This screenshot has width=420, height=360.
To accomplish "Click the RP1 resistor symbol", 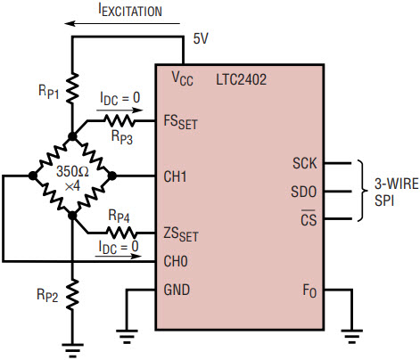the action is (72, 88).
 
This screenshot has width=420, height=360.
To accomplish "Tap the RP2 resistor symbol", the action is (72, 295).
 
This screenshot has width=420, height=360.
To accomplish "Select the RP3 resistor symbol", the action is (119, 121).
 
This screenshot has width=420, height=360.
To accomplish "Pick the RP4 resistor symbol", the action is (122, 233).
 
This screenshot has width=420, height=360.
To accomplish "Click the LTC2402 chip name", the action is (241, 79).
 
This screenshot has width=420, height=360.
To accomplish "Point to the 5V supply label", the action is (201, 38).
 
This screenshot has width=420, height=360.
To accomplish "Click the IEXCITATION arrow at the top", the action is (122, 23).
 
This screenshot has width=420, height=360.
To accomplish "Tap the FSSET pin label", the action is (180, 122).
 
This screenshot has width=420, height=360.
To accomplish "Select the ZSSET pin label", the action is (181, 234).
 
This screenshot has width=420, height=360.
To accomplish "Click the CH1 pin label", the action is (175, 176).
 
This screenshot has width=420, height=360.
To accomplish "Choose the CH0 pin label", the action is (176, 261).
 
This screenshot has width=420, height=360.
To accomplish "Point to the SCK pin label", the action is (305, 163).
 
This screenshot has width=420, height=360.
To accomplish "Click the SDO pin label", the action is (303, 192).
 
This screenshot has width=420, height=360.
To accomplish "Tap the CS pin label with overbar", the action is (309, 218).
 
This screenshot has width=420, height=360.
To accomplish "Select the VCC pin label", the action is (183, 79).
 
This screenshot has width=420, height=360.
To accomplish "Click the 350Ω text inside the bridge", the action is (72, 171).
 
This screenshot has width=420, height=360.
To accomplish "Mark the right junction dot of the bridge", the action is (111, 176).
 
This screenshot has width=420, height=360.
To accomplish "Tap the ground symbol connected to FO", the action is (352, 337).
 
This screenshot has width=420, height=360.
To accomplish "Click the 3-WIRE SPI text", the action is (396, 192).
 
